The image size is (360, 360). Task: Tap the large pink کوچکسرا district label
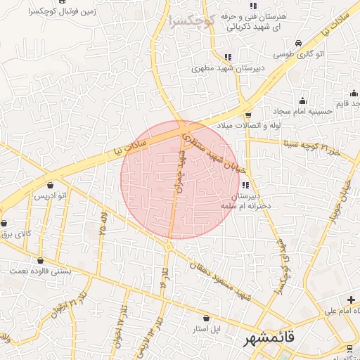coord(191,20)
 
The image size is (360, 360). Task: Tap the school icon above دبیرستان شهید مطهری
coord(226,58)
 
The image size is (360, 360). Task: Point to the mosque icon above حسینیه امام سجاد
coord(303,101)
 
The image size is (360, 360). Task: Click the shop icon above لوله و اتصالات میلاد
coord(247,115)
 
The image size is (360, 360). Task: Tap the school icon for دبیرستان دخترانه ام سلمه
coord(245,184)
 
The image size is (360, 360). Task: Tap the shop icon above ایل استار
coord(206,318)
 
